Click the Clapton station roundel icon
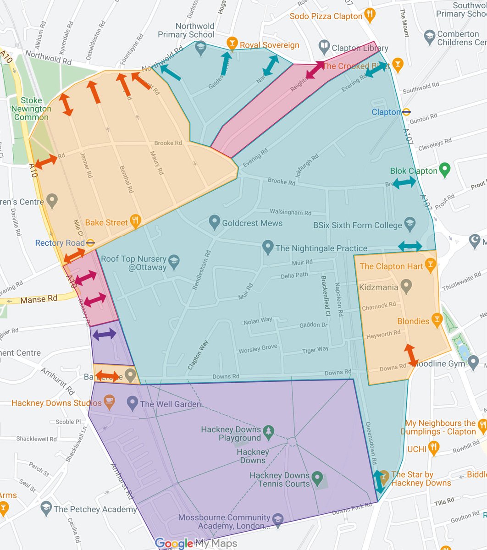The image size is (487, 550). [406, 112]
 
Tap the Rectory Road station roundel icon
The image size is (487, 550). [91, 242]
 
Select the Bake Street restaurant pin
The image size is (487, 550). [135, 222]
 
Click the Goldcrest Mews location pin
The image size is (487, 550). [214, 223]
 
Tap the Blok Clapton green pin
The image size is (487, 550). [444, 170]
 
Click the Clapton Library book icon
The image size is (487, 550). [324, 47]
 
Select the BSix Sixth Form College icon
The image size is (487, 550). [410, 225]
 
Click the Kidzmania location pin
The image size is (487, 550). [405, 286]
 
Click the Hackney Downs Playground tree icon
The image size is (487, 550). [269, 431]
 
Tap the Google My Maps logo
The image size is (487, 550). [196, 544]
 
